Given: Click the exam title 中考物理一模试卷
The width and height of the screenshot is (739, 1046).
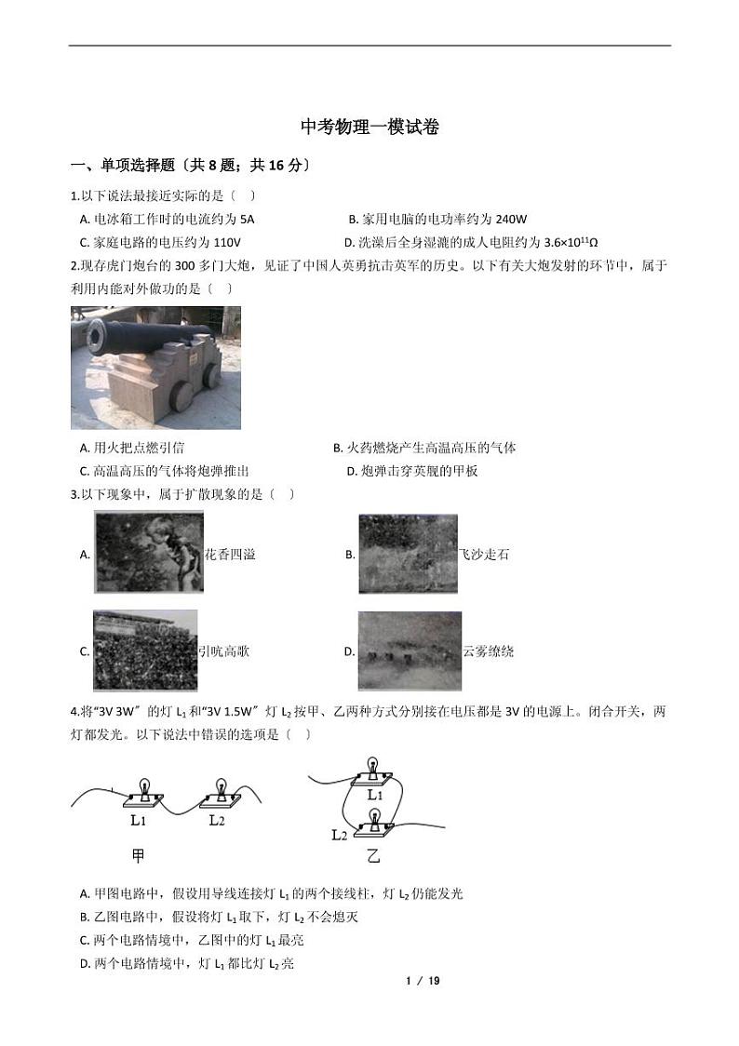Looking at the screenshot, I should click(x=369, y=127).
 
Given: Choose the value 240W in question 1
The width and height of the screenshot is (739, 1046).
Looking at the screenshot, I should click(x=511, y=220).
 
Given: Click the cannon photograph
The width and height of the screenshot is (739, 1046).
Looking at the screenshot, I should click(x=155, y=368).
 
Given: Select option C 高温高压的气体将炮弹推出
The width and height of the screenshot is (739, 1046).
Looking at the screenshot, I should click(x=165, y=471).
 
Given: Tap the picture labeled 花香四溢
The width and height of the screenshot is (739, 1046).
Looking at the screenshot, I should click(x=149, y=553).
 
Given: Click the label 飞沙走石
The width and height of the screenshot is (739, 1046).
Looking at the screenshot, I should click(x=484, y=555).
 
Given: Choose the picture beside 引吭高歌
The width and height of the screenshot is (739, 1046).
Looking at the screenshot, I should click(x=145, y=650).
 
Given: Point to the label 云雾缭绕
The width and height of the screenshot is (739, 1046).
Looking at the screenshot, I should click(x=489, y=651).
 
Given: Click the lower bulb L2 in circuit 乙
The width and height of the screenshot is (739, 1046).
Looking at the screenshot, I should click(x=374, y=819).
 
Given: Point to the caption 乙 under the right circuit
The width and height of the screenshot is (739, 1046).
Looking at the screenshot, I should click(x=373, y=855).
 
